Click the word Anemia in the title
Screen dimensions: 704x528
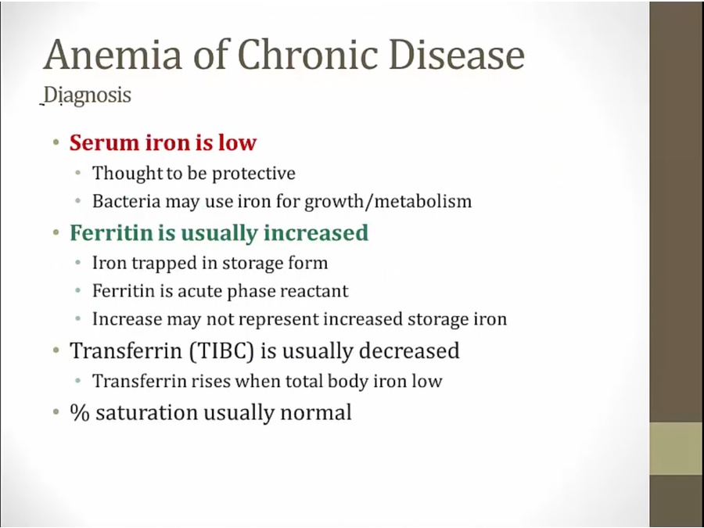click(113, 54)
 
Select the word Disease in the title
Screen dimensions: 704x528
click(457, 54)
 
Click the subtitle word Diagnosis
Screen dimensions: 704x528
click(88, 95)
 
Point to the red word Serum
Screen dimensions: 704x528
click(104, 142)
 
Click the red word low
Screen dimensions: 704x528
click(237, 142)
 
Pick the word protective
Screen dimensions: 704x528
click(253, 174)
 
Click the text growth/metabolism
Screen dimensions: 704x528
click(388, 201)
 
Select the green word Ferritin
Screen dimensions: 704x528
click(111, 232)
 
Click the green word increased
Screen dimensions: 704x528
click(316, 232)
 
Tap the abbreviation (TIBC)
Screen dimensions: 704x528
click(221, 350)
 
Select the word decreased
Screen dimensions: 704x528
click(409, 350)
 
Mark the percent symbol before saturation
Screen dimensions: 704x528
click(80, 412)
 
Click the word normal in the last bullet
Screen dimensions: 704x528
click(316, 412)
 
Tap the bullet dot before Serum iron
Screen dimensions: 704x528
click(56, 143)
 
